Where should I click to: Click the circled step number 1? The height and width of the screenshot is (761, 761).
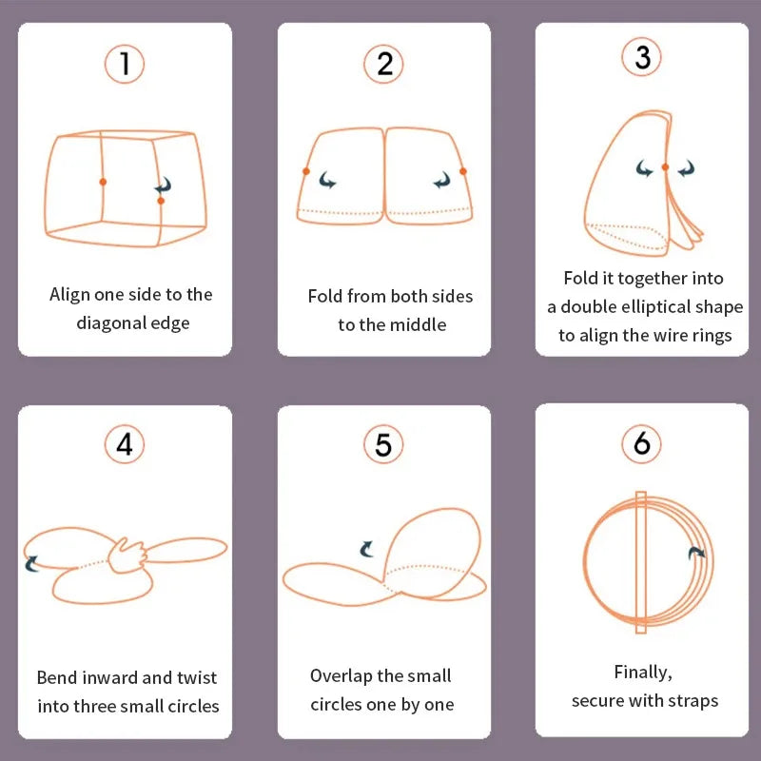(125, 64)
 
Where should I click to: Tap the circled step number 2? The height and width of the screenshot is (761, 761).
(384, 64)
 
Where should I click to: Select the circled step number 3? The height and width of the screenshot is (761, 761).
(642, 58)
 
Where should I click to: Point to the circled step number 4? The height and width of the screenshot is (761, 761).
(125, 444)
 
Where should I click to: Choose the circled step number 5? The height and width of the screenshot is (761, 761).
(383, 444)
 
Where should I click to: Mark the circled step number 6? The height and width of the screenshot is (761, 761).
(642, 444)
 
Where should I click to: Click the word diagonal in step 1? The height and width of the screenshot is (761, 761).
(113, 323)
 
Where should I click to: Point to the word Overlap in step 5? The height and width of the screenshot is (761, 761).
(341, 676)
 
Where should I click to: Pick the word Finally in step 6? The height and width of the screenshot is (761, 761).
(642, 673)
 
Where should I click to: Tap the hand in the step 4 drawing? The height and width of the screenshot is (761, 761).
(128, 555)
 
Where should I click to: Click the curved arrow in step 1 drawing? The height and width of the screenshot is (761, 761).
(164, 185)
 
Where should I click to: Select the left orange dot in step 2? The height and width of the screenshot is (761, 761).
(306, 171)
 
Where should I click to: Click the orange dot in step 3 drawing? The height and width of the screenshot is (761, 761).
(665, 167)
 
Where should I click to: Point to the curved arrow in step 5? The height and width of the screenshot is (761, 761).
(366, 549)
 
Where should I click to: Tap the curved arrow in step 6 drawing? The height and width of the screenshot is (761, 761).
(696, 553)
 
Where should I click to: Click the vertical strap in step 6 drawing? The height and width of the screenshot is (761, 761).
(640, 561)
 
